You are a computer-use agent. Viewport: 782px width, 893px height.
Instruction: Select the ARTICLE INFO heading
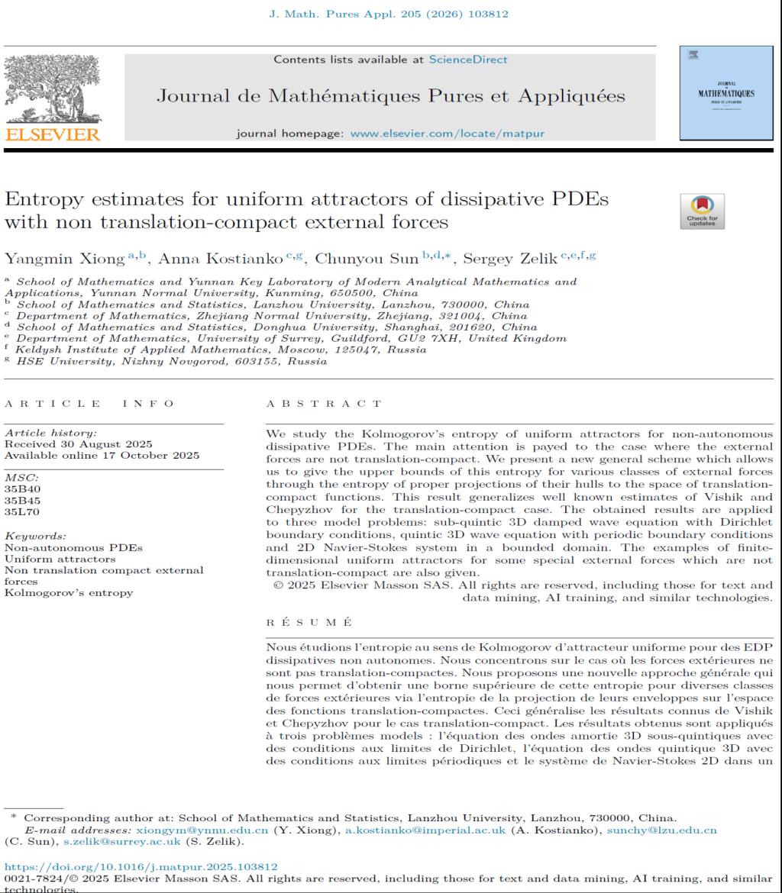coord(89,402)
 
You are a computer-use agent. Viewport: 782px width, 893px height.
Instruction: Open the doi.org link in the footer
coord(141,866)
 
